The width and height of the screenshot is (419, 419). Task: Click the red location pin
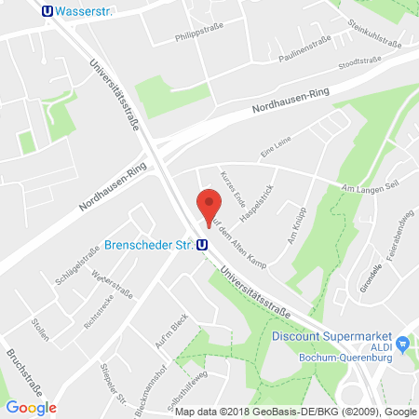coord(209,206)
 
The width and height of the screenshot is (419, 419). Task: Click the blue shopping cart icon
coord(402,345)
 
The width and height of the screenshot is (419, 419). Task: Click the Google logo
coord(31,407)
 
